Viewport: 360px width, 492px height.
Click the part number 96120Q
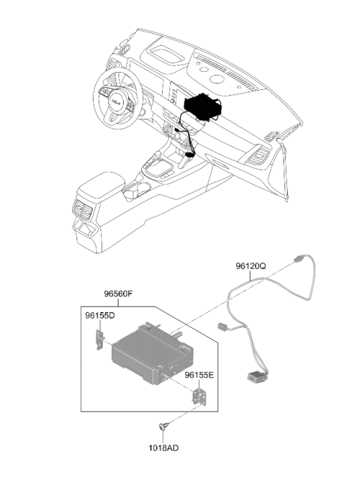pyautogui.click(x=250, y=266)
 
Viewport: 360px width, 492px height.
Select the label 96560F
pyautogui.click(x=118, y=294)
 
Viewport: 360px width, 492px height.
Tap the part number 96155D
pyautogui.click(x=100, y=316)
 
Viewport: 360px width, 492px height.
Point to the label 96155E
pyautogui.click(x=199, y=375)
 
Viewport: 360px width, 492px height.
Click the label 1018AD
pyautogui.click(x=163, y=448)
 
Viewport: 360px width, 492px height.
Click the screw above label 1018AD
pyautogui.click(x=163, y=427)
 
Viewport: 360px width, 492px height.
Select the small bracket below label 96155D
pyautogui.click(x=100, y=340)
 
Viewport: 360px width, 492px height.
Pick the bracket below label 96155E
pyautogui.click(x=199, y=397)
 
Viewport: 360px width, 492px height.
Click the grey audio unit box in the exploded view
pyautogui.click(x=152, y=353)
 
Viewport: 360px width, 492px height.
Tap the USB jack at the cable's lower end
pyautogui.click(x=256, y=376)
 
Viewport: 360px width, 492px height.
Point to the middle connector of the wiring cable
pyautogui.click(x=222, y=327)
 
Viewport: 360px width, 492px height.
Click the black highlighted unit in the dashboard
pyautogui.click(x=202, y=105)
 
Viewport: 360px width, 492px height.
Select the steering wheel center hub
pyautogui.click(x=116, y=101)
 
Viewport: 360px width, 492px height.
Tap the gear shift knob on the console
pyautogui.click(x=157, y=154)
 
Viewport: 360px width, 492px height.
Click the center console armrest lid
pyautogui.click(x=101, y=184)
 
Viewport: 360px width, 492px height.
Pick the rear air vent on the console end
pyautogui.click(x=82, y=209)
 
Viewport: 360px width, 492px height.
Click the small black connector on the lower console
pyautogui.click(x=190, y=154)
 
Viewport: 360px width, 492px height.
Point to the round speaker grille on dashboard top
pyautogui.click(x=217, y=79)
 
